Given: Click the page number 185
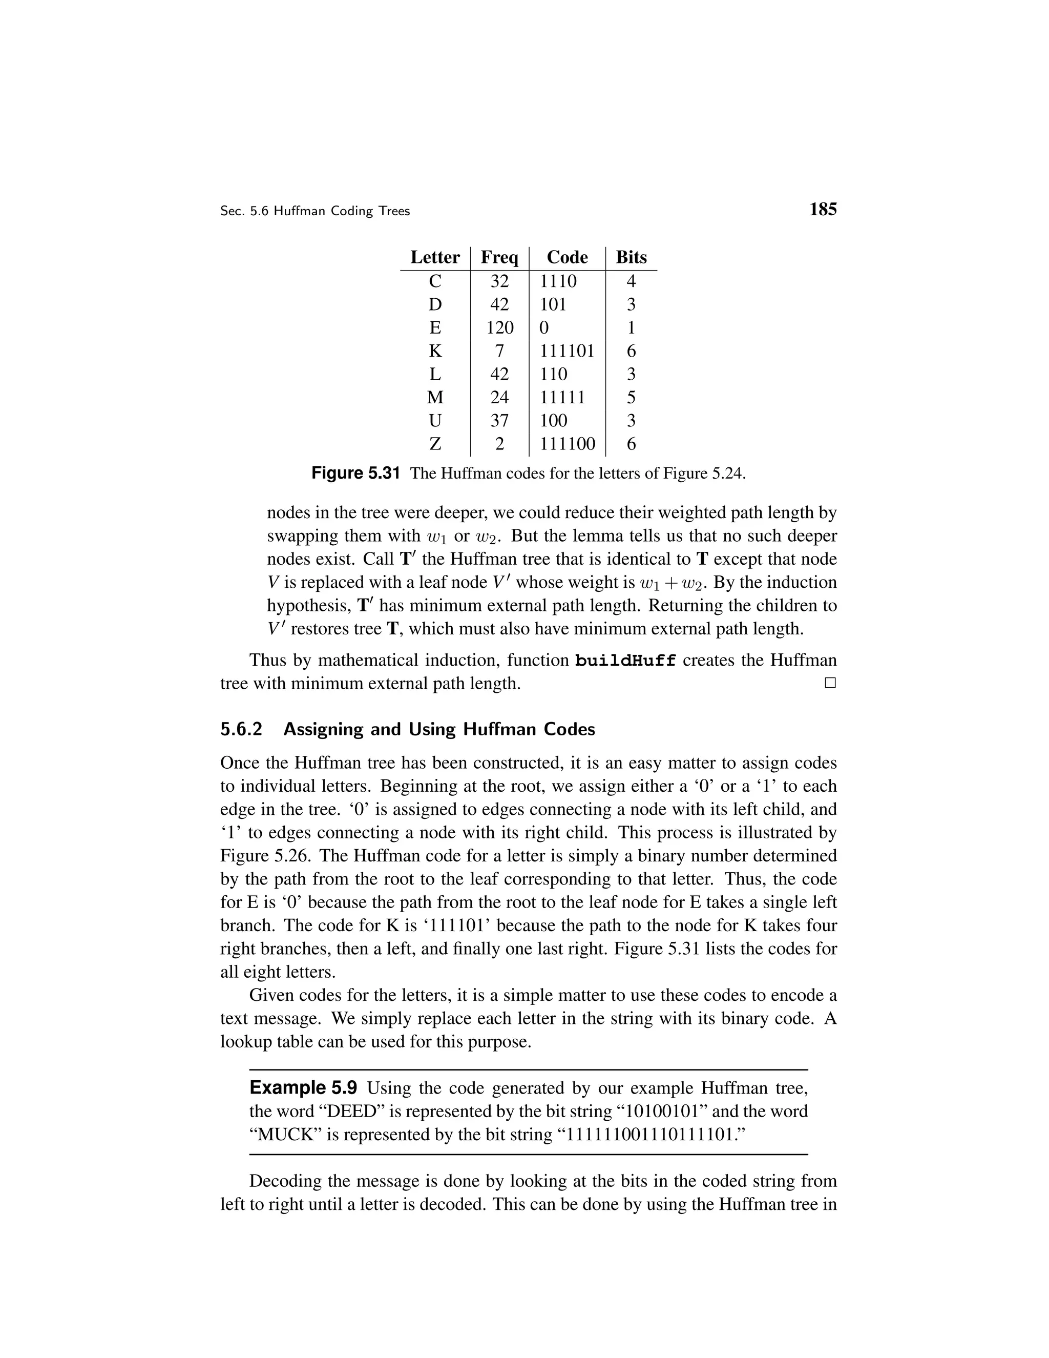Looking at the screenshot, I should (823, 210).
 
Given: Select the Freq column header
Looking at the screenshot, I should (499, 257).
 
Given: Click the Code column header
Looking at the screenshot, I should (567, 257).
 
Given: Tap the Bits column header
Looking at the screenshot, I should (631, 257).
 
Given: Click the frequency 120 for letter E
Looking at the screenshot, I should (499, 327).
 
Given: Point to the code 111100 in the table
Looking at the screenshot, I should (567, 444).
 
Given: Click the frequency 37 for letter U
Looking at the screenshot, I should (499, 421).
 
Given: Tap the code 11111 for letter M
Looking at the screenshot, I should (562, 397).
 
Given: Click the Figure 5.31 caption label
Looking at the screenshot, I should (355, 474).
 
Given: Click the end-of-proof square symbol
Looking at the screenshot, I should (830, 683).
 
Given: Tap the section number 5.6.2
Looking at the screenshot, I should (241, 729).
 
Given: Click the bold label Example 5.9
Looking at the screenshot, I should (303, 1088).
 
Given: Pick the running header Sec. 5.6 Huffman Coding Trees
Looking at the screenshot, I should (315, 212).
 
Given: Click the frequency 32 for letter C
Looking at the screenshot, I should (499, 281).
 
